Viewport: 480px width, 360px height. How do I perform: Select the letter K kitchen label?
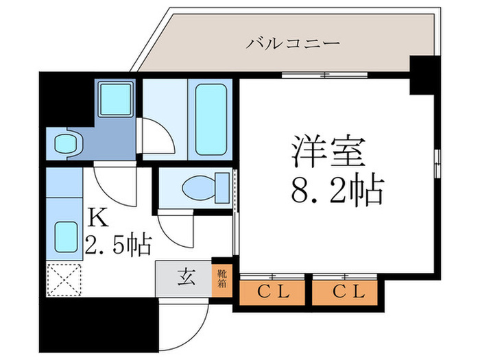click(x=97, y=218)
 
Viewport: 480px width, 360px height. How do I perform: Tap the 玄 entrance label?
click(x=184, y=277)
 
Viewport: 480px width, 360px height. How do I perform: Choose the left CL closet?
click(x=273, y=291)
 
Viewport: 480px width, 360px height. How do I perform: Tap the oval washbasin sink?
click(x=66, y=144)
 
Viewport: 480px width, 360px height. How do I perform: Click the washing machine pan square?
click(x=115, y=99)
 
